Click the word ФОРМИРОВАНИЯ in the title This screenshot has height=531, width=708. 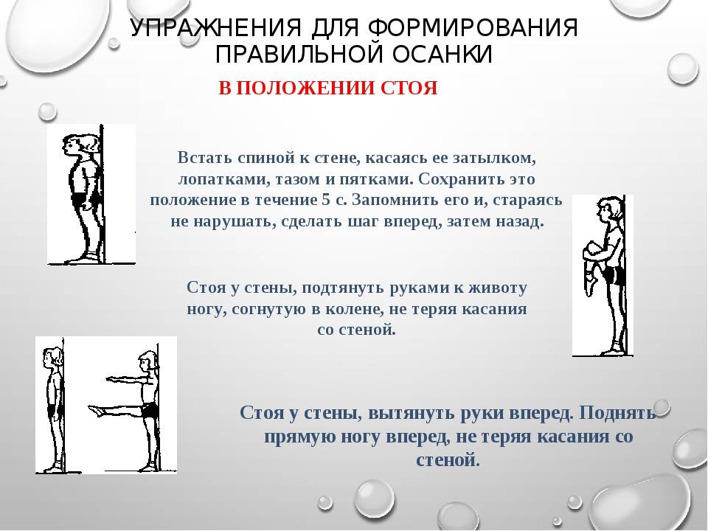[x=473, y=29]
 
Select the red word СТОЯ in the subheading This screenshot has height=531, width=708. [x=409, y=88]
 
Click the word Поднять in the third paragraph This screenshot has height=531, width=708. [x=618, y=413]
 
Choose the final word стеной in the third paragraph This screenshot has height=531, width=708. [x=448, y=460]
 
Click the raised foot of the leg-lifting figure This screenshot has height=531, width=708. [x=96, y=411]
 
